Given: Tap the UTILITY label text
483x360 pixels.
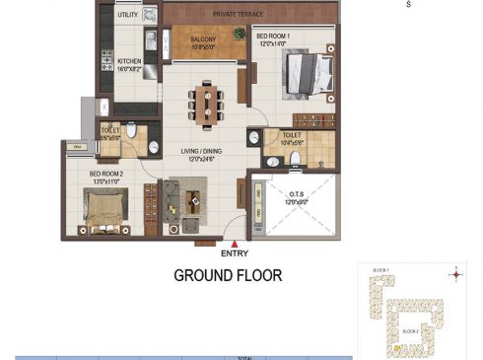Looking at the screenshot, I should click(127, 16).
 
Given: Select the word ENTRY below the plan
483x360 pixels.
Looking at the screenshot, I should click(235, 253).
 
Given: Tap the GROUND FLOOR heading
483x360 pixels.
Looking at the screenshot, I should click(228, 275).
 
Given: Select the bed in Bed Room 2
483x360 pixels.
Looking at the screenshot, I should click(103, 208).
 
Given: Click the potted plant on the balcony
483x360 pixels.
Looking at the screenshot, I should click(240, 33).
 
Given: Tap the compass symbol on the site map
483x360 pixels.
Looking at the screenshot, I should click(455, 275).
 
